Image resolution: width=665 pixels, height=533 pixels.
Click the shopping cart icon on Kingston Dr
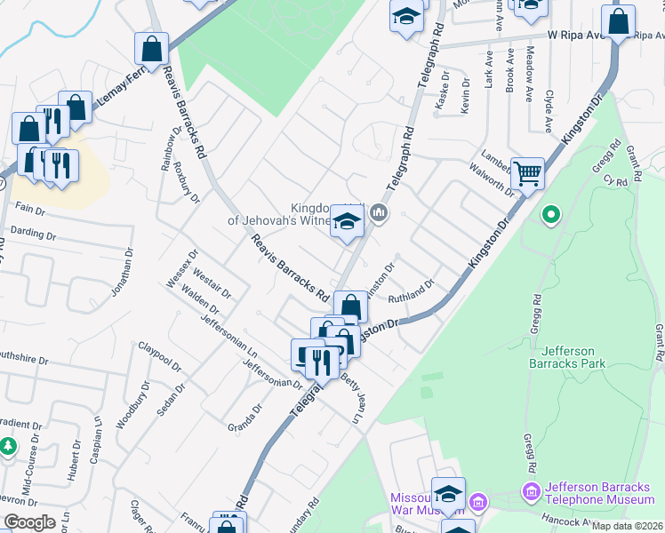tap(527, 174)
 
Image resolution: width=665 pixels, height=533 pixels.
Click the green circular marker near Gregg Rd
tap(551, 214)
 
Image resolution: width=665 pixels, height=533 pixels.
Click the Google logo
tap(29, 522)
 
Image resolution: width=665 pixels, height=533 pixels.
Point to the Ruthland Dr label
tap(410, 291)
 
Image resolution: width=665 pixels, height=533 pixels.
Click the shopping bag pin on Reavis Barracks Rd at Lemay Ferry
tap(151, 50)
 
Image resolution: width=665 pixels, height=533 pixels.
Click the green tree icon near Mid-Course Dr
tap(8, 445)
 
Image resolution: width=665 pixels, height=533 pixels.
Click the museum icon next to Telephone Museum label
tap(532, 490)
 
